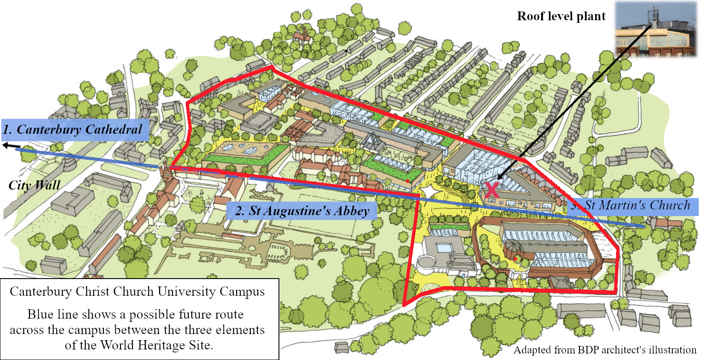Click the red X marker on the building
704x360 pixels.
[x=491, y=190]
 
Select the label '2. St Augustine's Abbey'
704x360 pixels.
[x=302, y=211]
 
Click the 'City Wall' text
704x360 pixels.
[x=34, y=185]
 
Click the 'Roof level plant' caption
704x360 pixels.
[x=561, y=16]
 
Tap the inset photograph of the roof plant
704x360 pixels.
[x=656, y=29]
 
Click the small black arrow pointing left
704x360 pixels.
[x=11, y=146]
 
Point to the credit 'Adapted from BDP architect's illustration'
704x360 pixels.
[x=605, y=350]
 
